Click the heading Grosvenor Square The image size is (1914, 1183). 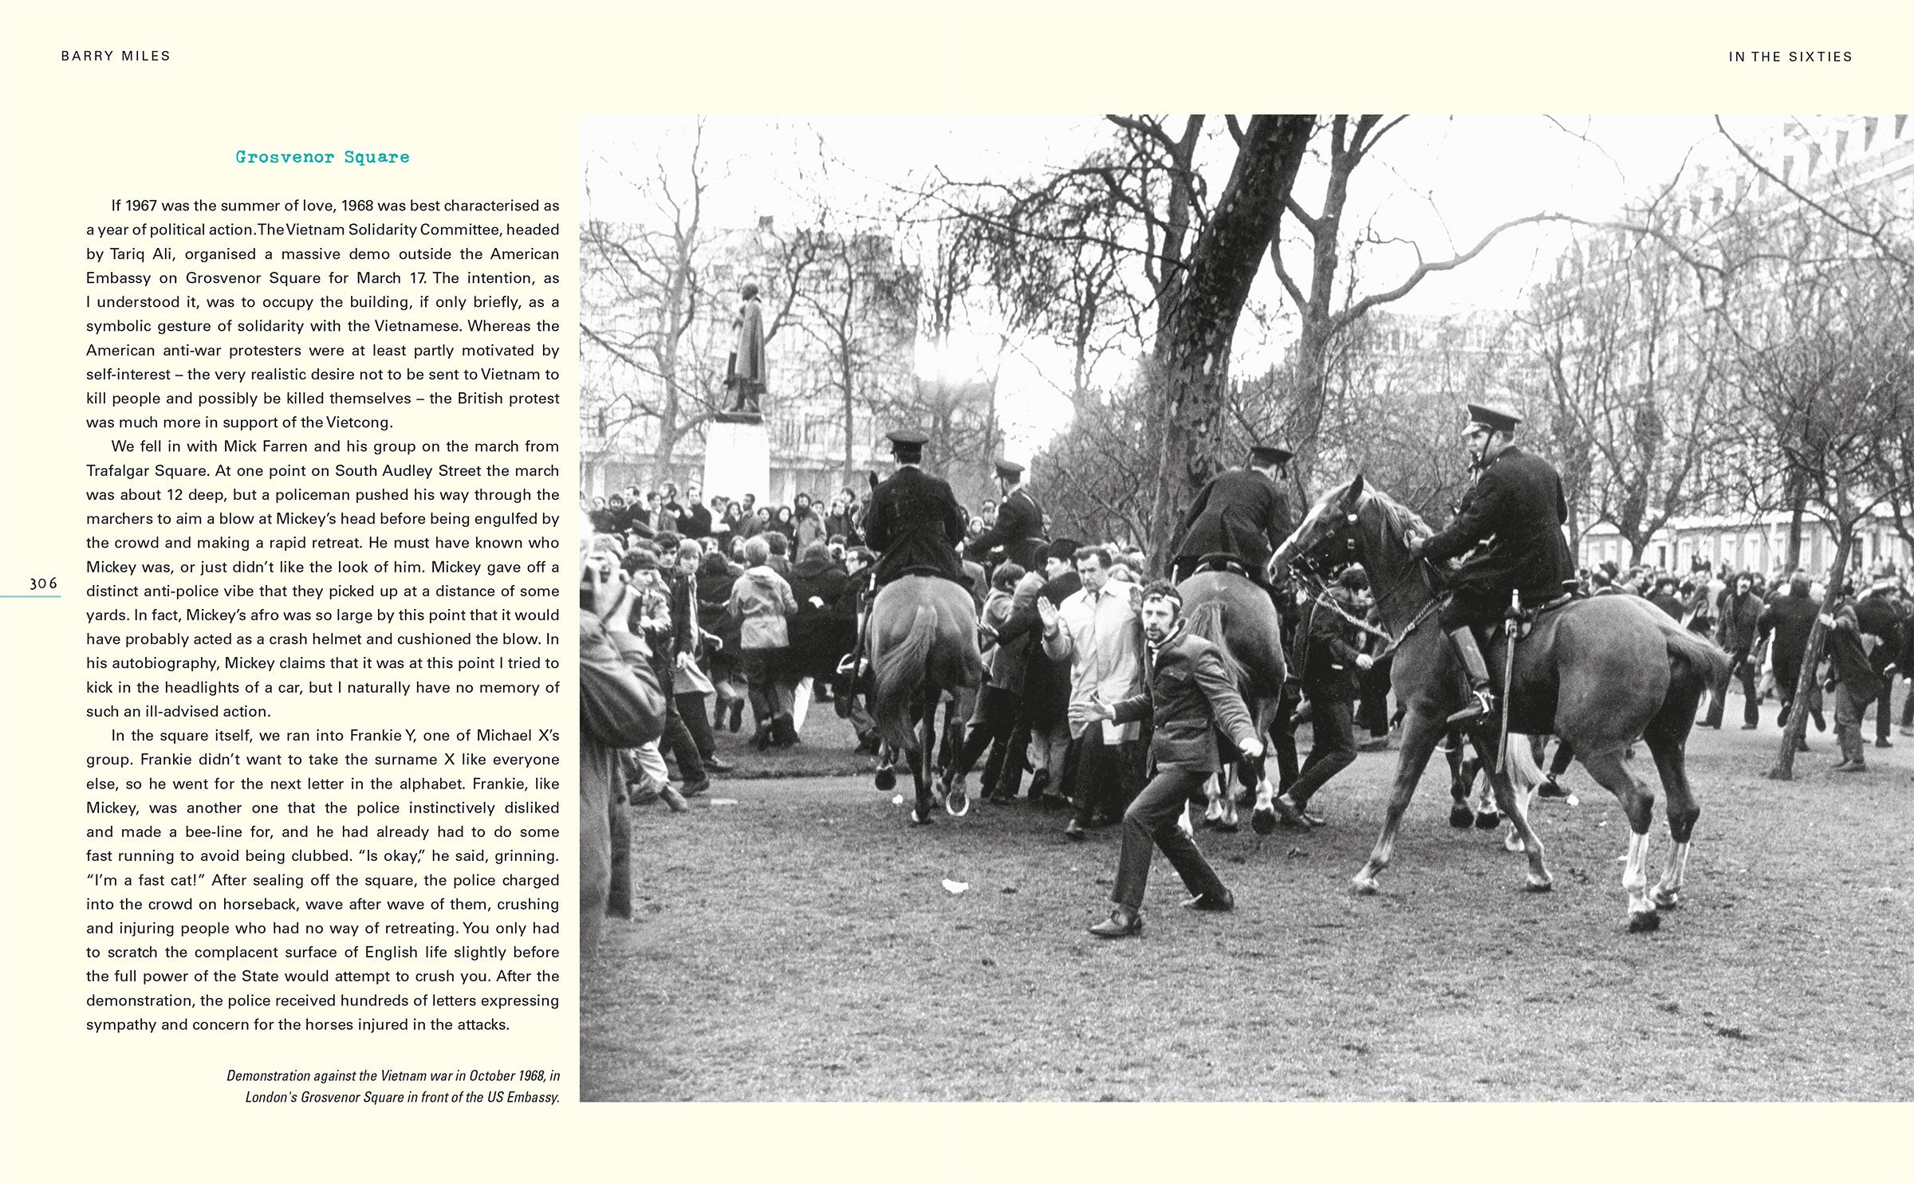[322, 157]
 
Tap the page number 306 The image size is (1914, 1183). [43, 584]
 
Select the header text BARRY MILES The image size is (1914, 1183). [116, 56]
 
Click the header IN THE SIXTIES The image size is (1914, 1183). [1790, 57]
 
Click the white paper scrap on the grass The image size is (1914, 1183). [955, 885]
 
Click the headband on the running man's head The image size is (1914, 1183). [1160, 596]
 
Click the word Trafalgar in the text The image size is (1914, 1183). [123, 470]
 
